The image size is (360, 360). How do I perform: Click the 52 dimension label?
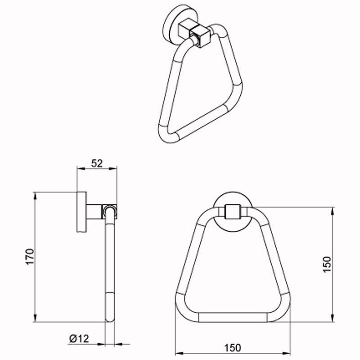97,163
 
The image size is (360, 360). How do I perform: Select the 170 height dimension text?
30,256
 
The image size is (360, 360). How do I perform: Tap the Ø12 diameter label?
79,339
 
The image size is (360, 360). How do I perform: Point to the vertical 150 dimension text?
327,265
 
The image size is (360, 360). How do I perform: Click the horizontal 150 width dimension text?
233,348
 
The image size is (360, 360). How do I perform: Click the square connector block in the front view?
233,211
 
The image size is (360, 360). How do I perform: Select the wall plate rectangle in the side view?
81,211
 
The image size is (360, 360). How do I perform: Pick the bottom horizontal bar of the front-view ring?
233,317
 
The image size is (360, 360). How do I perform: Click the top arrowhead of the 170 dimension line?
35,196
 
